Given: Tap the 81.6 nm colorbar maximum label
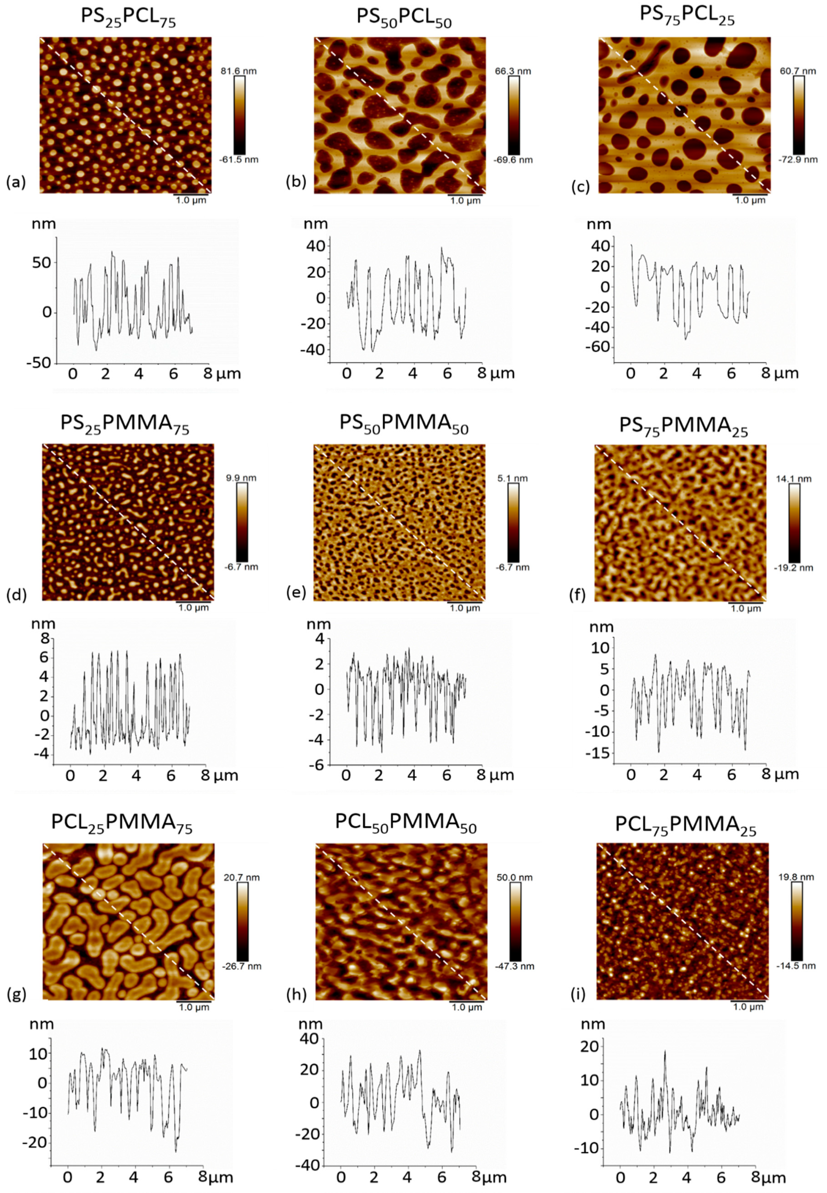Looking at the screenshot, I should click(x=239, y=71).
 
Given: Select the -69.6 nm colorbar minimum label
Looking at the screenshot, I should click(x=514, y=160).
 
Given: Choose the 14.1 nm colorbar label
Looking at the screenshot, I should click(x=796, y=479).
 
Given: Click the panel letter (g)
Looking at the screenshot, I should click(x=16, y=994).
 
